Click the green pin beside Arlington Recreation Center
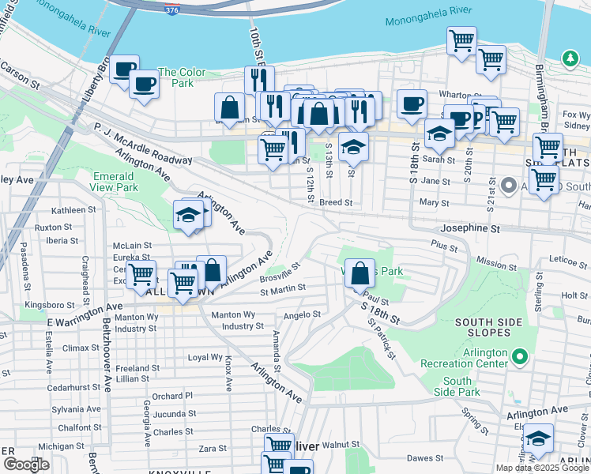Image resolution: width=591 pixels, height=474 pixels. pyautogui.click(x=519, y=358)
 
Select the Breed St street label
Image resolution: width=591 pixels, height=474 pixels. pyautogui.click(x=335, y=203)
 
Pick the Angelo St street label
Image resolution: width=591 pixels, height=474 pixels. pyautogui.click(x=301, y=314)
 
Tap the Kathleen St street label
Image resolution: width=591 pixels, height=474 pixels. pyautogui.click(x=73, y=210)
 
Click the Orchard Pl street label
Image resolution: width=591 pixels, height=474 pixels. pyautogui.click(x=172, y=396)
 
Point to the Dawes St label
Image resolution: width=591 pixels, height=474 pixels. pyautogui.click(x=425, y=458)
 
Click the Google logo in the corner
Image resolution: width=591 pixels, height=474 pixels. pyautogui.click(x=26, y=465)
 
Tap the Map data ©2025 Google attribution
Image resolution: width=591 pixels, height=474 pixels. pyautogui.click(x=543, y=468)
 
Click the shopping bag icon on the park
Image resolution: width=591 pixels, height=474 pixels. pyautogui.click(x=359, y=275)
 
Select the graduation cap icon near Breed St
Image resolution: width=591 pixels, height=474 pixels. pyautogui.click(x=353, y=146)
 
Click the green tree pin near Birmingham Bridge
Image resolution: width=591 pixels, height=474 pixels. pyautogui.click(x=570, y=58)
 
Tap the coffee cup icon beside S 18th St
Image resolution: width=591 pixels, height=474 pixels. pyautogui.click(x=412, y=104)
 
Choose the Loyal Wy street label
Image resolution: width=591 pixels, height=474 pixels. pyautogui.click(x=205, y=357)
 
